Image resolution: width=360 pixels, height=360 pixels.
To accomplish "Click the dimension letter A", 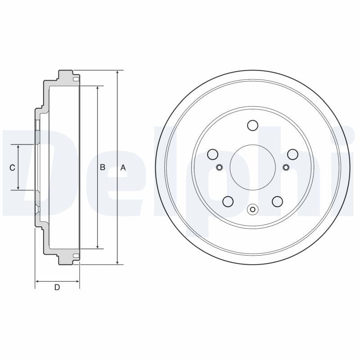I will pyautogui.click(x=123, y=167).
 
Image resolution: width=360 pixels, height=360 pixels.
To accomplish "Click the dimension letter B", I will pyautogui.click(x=103, y=167).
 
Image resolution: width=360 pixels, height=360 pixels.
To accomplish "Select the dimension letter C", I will pyautogui.click(x=13, y=167).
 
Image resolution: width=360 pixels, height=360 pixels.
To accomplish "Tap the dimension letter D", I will pyautogui.click(x=57, y=288).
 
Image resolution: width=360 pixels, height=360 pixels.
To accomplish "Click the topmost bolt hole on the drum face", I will pyautogui.click(x=252, y=125).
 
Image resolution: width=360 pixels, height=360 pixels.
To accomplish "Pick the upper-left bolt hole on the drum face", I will pyautogui.click(x=212, y=155).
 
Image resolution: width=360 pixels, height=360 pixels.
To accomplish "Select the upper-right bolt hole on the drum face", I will pyautogui.click(x=293, y=155).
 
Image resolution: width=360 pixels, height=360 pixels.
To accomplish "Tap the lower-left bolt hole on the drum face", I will pyautogui.click(x=228, y=201).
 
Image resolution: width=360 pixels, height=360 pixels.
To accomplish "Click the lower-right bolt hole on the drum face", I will pyautogui.click(x=277, y=201).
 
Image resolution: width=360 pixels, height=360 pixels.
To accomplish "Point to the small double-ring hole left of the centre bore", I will pyautogui.click(x=219, y=168).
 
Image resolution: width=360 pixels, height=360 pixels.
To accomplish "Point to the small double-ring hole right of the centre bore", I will pyautogui.click(x=286, y=168).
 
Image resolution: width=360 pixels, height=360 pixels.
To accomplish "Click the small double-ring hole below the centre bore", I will pyautogui.click(x=252, y=209).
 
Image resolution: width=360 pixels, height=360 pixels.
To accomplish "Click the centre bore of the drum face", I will pyautogui.click(x=252, y=167).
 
